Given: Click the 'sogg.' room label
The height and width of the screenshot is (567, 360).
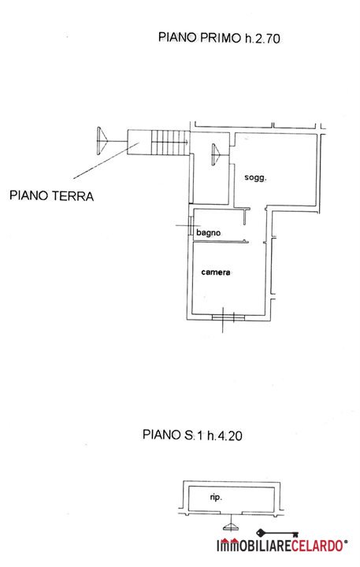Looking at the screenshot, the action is (255, 177).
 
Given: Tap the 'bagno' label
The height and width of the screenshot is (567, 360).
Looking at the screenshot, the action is (209, 233).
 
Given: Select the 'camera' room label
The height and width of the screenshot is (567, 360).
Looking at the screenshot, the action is (216, 272).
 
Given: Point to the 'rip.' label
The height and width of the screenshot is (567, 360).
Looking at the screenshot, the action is (216, 498).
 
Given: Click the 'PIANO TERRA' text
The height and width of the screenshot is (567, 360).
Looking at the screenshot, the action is (52, 195).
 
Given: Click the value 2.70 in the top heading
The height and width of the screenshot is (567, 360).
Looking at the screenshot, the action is (268, 39).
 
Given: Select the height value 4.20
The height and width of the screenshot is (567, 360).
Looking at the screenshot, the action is (230, 435).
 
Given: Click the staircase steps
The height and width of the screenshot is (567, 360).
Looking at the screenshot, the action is (170, 143).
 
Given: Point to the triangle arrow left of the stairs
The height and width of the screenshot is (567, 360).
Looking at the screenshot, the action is (102, 141).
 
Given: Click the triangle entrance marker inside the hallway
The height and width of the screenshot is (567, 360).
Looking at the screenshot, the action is (216, 154).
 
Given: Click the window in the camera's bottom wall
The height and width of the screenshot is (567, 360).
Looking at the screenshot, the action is (228, 317).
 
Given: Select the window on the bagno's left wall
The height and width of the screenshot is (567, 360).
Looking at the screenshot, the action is (191, 226).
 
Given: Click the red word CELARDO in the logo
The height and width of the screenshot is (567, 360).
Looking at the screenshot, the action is (317, 545).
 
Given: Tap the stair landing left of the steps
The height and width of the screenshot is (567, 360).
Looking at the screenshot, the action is (139, 143).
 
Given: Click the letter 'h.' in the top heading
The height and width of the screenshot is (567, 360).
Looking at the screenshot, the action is (249, 38).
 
